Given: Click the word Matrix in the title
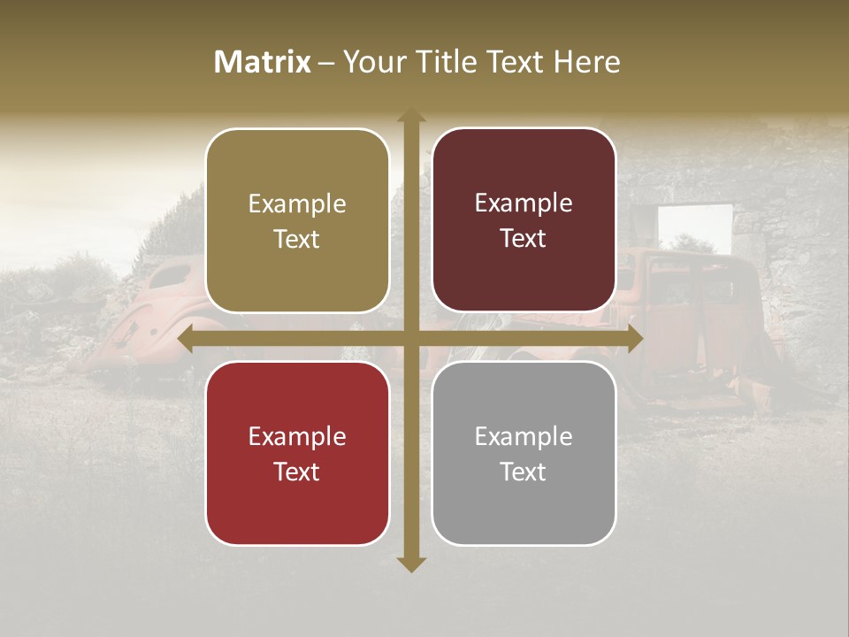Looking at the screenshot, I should coord(263,62).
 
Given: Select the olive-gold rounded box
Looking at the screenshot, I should coord(297,221).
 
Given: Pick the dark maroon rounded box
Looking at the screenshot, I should coord(524,220).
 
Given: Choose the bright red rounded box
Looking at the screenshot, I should coord(297,453).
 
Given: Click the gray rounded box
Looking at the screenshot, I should coord(524,453).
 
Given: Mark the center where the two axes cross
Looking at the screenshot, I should coord(410,339).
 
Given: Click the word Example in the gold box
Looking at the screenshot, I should coord(297,204).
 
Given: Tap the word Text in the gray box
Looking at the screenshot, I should coord(524,472).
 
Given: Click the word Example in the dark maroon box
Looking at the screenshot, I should coord(524,203).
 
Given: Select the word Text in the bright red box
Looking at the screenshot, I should coord(297,472).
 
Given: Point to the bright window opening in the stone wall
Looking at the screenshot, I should coord(695,226).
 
